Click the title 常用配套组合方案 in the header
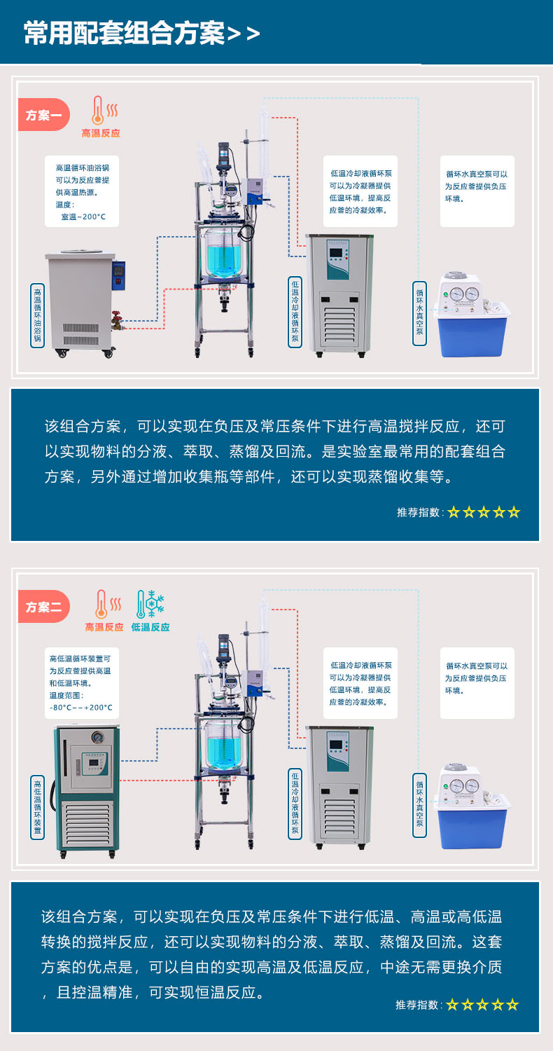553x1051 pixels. coord(125,34)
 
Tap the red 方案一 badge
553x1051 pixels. coord(43,115)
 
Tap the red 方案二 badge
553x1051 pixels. coord(43,607)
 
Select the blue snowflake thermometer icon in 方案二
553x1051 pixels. coord(150,604)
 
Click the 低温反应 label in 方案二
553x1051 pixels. coord(150,627)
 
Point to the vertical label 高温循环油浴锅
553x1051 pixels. coord(38,315)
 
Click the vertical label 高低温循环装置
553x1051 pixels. coord(38,807)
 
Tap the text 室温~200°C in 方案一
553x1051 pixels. coord(83,217)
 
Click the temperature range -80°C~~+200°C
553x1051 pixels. coord(81,708)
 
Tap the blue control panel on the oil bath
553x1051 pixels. coord(119,276)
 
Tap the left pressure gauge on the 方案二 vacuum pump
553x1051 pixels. coord(456,785)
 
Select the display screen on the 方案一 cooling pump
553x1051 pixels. coord(336,254)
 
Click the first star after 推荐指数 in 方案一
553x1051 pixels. coord(454,512)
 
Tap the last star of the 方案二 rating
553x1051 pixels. coord(512,1005)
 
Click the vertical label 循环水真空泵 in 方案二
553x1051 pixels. coord(419,805)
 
